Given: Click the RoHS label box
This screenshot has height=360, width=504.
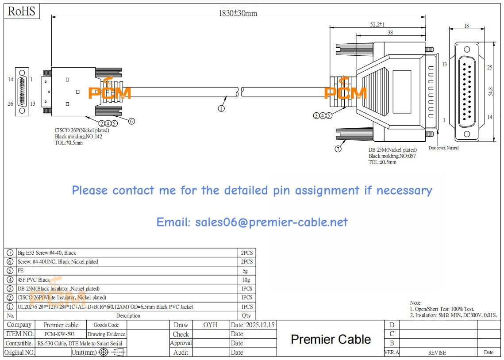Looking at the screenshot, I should point(22,11).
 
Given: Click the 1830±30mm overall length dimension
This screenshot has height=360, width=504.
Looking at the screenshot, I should point(238,13).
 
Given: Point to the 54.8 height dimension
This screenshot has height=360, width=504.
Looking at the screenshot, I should point(490,92).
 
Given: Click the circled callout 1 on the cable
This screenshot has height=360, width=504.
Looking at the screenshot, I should point(221,107).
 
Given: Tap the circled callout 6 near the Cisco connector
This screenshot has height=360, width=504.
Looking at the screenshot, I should point(131,121).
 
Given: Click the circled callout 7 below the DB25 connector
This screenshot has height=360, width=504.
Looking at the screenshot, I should point(338,149).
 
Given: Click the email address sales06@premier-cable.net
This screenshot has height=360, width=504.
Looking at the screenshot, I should point(252,222).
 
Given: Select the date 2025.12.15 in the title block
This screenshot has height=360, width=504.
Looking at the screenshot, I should point(260,325).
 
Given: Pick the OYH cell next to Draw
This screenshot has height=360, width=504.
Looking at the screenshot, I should point(210,325).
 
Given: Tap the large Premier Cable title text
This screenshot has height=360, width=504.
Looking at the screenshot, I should point(331,339).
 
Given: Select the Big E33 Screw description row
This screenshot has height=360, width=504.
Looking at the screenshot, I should point(46,253).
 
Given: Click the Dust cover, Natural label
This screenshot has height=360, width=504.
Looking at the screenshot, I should point(443,148).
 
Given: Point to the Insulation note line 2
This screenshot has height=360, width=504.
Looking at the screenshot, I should point(453,315).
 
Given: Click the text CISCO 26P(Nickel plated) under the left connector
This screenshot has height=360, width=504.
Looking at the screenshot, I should point(82,130).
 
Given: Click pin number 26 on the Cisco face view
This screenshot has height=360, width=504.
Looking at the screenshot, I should point(11,104).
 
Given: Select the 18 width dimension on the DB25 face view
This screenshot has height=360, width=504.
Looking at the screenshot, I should point(466,26).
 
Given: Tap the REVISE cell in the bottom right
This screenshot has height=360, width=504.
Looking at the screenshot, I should point(437,352).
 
